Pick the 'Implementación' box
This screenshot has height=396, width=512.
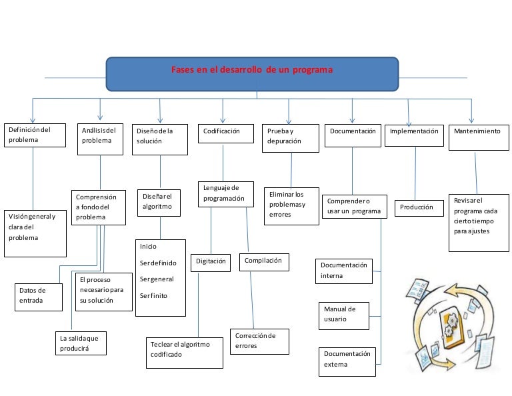(415, 133)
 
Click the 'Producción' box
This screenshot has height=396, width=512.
(417, 208)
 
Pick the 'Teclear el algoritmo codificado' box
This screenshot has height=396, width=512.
(184, 352)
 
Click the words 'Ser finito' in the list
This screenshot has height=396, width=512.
(154, 295)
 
